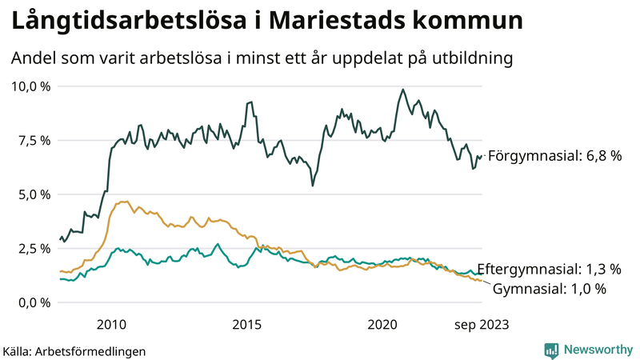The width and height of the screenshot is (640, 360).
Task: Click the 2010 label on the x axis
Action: tap(111, 324)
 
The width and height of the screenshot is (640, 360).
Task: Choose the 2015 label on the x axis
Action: tap(246, 324)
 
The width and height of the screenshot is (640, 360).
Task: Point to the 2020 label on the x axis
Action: tap(382, 324)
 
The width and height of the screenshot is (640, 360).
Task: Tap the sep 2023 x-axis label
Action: tap(482, 324)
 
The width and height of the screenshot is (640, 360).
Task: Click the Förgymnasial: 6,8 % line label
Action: tap(554, 156)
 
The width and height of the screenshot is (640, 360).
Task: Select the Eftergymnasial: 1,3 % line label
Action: tap(549, 269)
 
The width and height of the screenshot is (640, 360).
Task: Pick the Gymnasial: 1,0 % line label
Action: tap(549, 289)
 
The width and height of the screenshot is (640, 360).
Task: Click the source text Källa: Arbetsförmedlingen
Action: tap(74, 351)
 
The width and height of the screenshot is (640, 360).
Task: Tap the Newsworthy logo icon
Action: tap(551, 350)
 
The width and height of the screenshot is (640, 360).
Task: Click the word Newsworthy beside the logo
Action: tap(598, 350)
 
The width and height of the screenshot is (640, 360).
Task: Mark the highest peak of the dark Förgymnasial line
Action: tap(402, 90)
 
